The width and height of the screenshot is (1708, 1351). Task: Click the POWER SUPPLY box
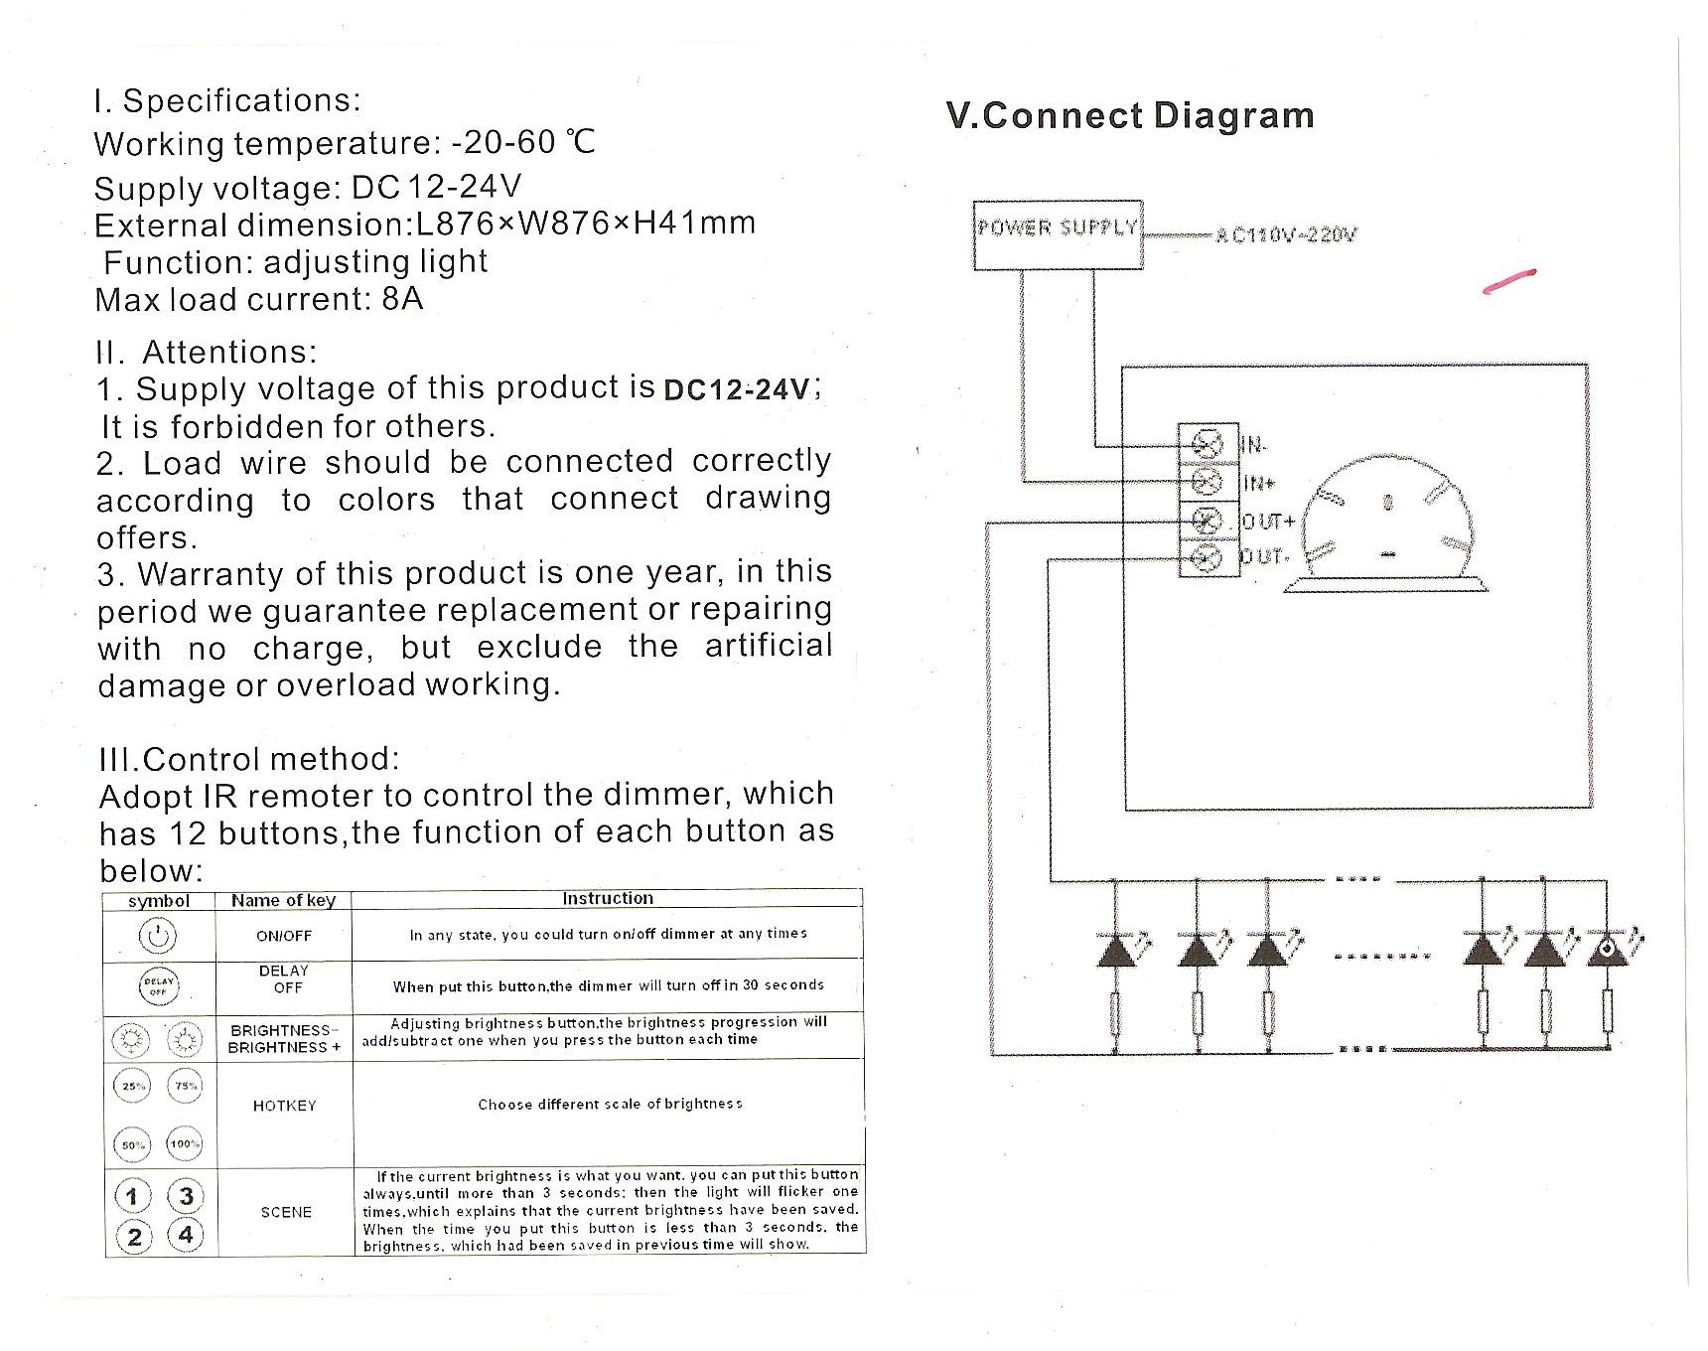(x=1058, y=234)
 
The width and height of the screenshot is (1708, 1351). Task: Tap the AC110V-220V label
(x=1286, y=235)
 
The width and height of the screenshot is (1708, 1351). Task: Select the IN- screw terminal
(x=1208, y=443)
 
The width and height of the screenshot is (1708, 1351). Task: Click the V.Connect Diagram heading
(x=1130, y=115)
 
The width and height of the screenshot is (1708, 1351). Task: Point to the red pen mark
(x=1509, y=281)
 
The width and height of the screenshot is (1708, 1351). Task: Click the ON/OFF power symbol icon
(x=159, y=936)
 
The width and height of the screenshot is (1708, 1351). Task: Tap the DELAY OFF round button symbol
(x=159, y=985)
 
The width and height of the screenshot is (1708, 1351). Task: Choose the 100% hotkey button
(x=185, y=1144)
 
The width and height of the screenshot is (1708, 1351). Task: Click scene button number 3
(x=185, y=1194)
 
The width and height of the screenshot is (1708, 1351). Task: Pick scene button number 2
(x=134, y=1236)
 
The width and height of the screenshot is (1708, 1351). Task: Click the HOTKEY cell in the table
(x=284, y=1106)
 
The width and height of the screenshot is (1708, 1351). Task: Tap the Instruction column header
(x=608, y=898)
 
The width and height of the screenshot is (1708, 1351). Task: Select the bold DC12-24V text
(x=736, y=389)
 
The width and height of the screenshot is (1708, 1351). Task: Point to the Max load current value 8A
(x=402, y=299)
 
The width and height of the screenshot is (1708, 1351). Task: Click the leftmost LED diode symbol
(x=1114, y=952)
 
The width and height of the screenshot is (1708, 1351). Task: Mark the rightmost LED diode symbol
(x=1607, y=952)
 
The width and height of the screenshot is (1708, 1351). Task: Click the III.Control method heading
(x=249, y=759)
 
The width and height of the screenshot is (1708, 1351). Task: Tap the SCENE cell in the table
(x=286, y=1212)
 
